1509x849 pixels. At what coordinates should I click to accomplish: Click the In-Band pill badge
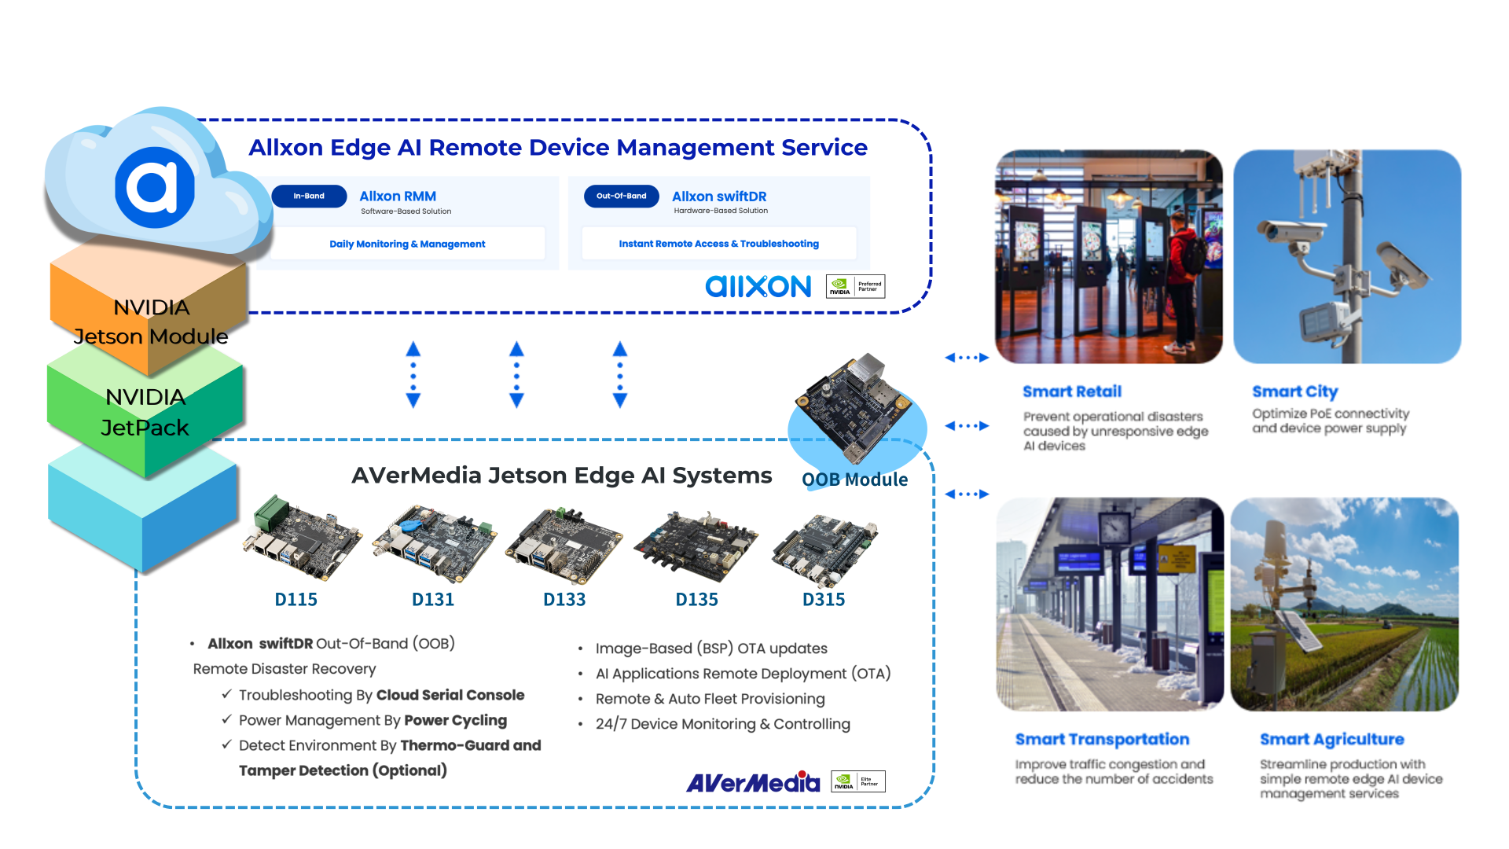coord(309,197)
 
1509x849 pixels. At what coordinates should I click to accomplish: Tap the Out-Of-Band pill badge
coord(621,197)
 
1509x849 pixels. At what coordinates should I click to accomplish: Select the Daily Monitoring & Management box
coord(407,244)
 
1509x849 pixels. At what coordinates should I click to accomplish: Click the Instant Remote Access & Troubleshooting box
coord(718,244)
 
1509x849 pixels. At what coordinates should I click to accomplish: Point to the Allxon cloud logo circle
coord(155,187)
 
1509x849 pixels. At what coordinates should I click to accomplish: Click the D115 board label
coord(296,600)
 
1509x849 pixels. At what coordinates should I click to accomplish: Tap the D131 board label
coord(433,600)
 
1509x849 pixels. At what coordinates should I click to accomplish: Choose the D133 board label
coord(564,600)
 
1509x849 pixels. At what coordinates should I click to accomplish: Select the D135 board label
coord(697,600)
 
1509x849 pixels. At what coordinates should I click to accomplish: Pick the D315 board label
coord(824,600)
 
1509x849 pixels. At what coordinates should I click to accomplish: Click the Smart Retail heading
coord(1072,391)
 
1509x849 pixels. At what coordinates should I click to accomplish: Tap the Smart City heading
coord(1294,391)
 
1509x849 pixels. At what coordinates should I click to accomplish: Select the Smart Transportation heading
coord(1102,739)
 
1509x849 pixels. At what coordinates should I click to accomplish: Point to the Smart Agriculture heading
coord(1331,739)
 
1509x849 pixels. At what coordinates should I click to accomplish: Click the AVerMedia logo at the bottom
coord(753,782)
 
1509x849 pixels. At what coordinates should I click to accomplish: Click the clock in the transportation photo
coord(1114,527)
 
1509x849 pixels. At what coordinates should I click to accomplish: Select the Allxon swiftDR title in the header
coord(719,197)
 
